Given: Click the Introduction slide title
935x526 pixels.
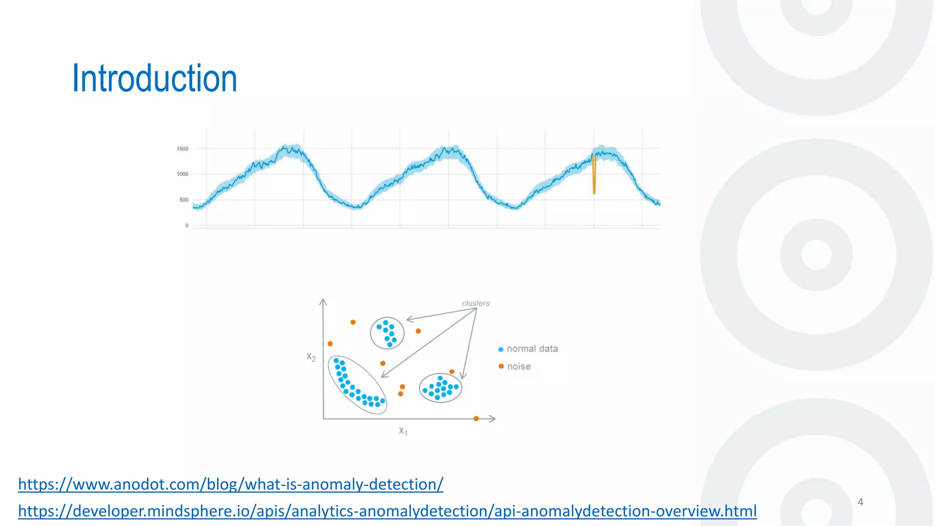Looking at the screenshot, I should (x=154, y=79).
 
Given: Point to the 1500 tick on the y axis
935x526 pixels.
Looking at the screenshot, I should (x=183, y=149).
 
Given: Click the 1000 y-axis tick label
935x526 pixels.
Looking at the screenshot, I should (x=183, y=174).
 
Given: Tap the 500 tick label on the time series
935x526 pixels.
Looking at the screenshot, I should (x=184, y=200).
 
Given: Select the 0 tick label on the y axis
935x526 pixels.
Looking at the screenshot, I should (x=186, y=226).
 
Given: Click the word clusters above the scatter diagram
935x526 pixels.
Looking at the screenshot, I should (x=475, y=304).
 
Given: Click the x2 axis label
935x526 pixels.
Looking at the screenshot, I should (x=311, y=357).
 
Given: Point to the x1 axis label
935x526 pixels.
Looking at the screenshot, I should (x=403, y=431).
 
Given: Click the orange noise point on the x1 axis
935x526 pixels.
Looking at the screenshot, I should (x=476, y=419).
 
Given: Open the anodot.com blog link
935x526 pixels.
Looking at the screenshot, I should (x=231, y=484).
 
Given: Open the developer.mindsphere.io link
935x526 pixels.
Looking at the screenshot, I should (x=387, y=511).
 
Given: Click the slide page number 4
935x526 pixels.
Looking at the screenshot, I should (x=860, y=502).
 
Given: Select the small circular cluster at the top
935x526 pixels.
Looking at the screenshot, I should (x=387, y=333).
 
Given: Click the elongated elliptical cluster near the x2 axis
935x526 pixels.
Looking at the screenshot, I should (x=357, y=385).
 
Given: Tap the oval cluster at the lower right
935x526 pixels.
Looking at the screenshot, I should (x=441, y=388).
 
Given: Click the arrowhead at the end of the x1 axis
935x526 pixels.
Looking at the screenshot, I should (x=493, y=419).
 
